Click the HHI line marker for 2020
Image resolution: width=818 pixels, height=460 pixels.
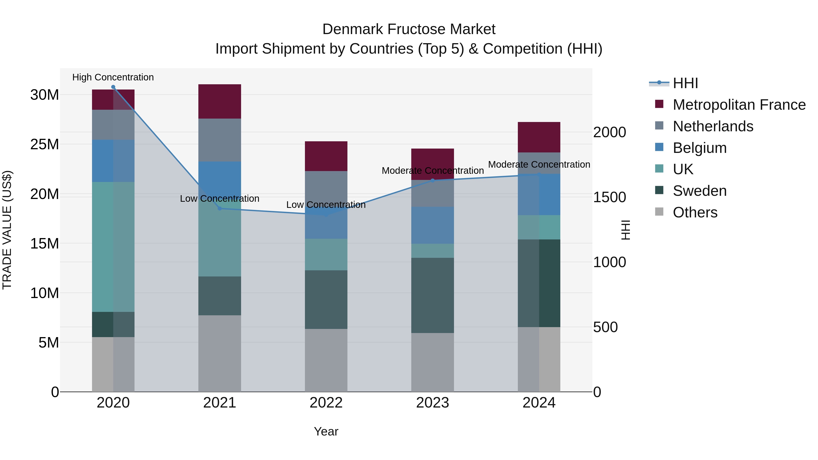(x=113, y=87)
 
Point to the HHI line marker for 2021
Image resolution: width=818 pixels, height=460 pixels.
(x=219, y=209)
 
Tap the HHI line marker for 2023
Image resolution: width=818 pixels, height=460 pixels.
(x=432, y=181)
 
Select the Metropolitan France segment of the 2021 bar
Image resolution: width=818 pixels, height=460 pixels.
(x=219, y=102)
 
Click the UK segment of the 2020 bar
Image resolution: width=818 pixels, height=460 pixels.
(x=113, y=247)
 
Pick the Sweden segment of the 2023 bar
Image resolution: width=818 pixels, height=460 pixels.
(x=432, y=295)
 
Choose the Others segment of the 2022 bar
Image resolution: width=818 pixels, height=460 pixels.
(x=326, y=360)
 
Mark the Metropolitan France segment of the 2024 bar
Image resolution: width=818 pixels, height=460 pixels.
(x=539, y=137)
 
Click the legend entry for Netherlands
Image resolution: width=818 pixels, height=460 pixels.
(x=713, y=126)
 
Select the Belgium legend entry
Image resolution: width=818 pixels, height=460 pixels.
(x=700, y=148)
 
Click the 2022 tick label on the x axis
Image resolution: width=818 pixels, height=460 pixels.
(x=326, y=403)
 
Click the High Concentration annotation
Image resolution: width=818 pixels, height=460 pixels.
(x=113, y=77)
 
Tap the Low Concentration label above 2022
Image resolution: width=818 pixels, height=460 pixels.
(x=326, y=205)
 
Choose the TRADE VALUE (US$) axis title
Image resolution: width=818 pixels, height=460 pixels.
(x=7, y=230)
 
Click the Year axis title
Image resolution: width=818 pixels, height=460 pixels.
(x=326, y=431)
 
